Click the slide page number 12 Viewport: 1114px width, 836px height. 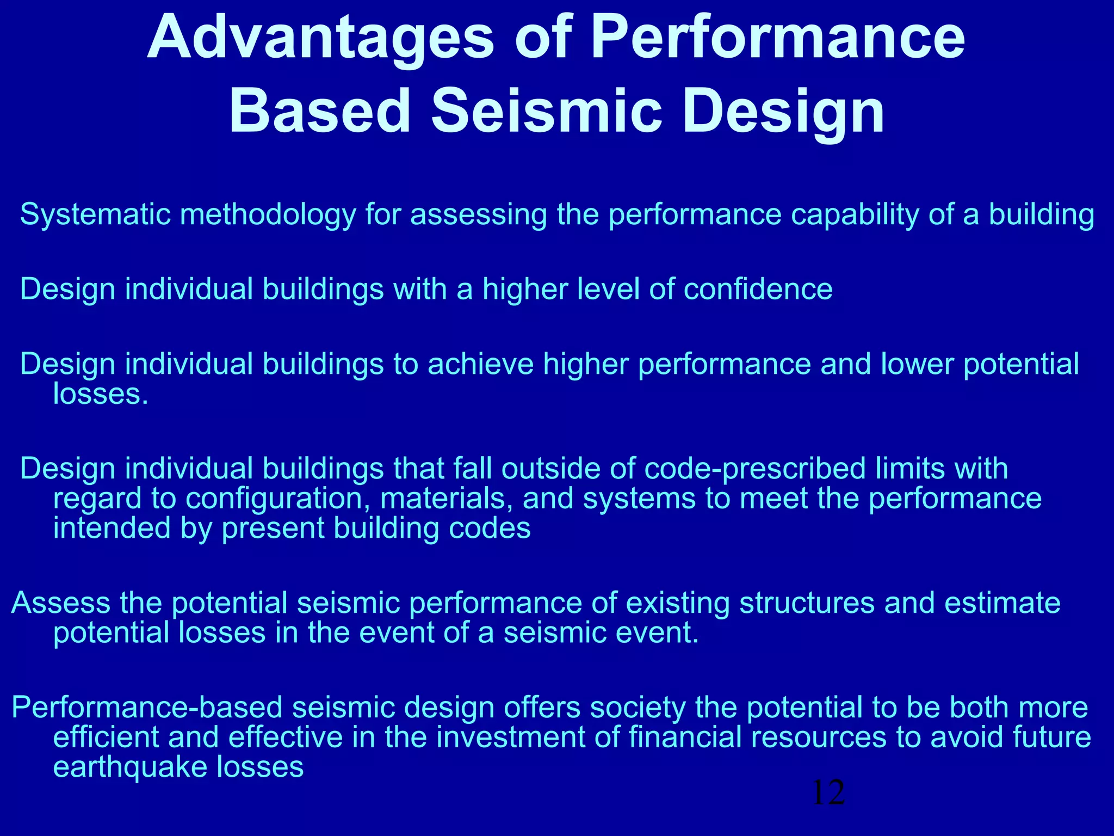(x=828, y=792)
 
